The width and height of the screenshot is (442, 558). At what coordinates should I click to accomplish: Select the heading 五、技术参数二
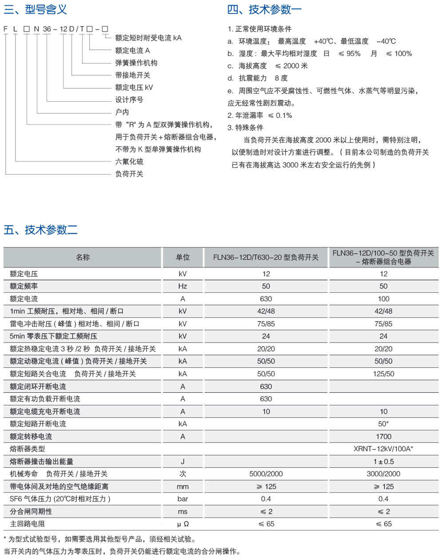(x=41, y=230)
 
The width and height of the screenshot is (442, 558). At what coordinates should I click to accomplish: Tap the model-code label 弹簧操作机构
(x=136, y=63)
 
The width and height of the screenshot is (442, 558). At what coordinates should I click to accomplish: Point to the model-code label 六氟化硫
(x=129, y=161)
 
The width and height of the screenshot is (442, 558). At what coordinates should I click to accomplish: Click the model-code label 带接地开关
(x=133, y=75)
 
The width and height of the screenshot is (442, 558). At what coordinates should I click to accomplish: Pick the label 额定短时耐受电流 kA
(x=148, y=38)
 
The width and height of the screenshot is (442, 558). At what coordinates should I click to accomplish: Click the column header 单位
(x=182, y=257)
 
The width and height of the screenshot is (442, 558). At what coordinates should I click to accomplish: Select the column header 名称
(x=83, y=257)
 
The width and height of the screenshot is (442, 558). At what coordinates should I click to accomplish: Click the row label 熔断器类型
(x=28, y=449)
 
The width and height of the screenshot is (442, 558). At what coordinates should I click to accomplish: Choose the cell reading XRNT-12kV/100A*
(x=383, y=449)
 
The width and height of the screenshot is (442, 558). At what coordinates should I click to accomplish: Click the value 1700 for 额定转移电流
(x=383, y=436)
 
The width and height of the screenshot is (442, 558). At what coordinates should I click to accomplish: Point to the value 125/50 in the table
(x=383, y=374)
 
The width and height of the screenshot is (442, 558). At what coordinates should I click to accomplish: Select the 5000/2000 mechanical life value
(x=266, y=474)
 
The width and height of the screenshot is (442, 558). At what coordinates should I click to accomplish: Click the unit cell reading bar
(x=182, y=499)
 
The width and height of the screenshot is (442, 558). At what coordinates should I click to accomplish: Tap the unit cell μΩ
(x=182, y=524)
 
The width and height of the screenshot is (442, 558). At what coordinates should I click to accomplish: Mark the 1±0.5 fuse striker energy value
(x=383, y=461)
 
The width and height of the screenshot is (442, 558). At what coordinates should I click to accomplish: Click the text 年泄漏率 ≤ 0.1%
(x=260, y=116)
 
